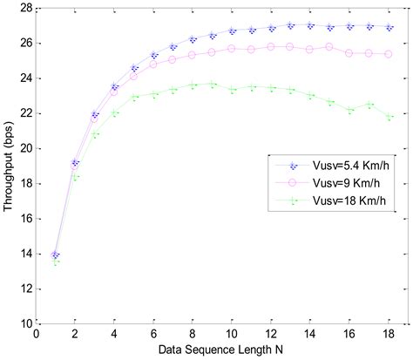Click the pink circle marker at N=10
click(232, 49)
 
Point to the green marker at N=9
click(212, 84)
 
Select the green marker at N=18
click(388, 117)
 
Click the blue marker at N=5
click(134, 68)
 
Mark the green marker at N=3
click(95, 133)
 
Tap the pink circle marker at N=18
click(388, 54)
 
